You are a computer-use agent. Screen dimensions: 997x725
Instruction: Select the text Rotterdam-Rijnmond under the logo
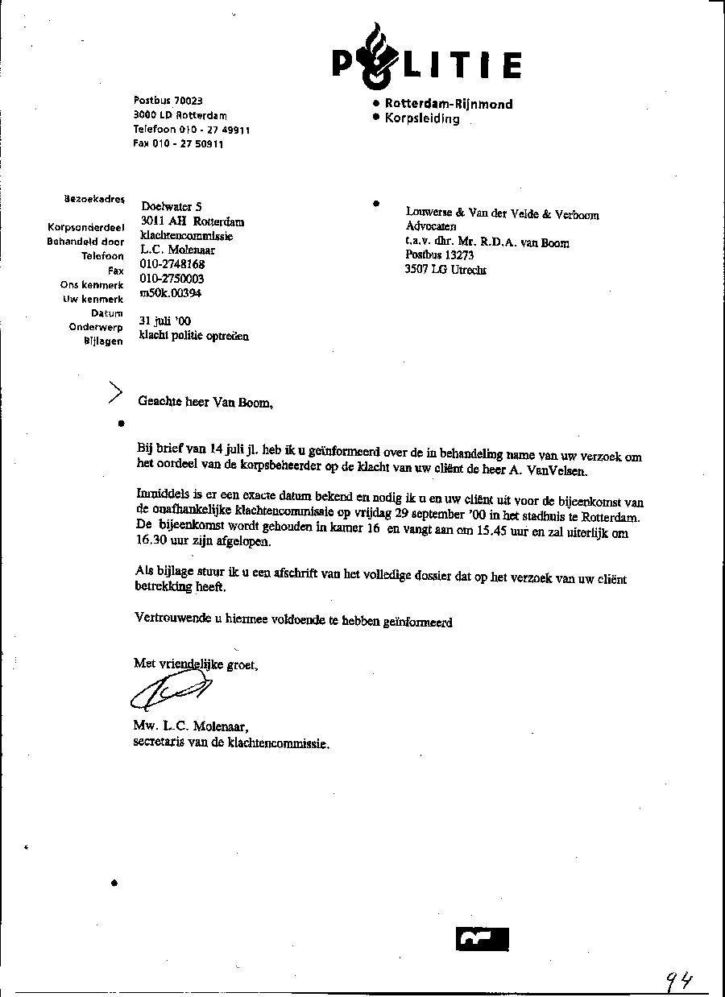448,104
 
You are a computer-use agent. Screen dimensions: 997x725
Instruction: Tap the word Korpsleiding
422,118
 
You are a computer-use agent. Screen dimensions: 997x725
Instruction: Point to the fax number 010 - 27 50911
178,144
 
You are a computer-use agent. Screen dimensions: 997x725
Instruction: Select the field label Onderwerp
96,327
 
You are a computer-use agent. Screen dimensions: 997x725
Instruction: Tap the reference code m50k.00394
171,293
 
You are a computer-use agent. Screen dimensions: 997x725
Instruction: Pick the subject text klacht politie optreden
193,336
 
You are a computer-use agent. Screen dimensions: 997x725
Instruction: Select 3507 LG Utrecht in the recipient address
445,271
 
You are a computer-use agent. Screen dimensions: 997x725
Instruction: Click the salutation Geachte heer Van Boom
205,403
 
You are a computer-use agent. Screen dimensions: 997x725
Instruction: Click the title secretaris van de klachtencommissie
231,743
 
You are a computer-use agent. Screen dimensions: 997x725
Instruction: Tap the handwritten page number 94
679,979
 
